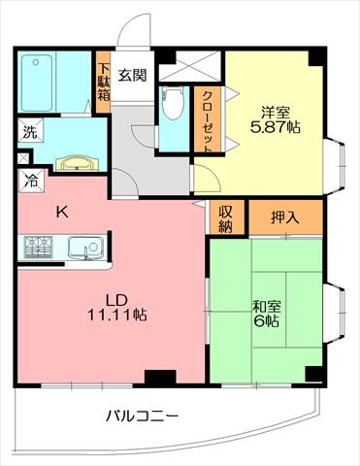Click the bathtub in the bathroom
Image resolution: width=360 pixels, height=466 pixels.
(36, 83)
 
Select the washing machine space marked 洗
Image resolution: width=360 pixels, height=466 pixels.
(30, 130)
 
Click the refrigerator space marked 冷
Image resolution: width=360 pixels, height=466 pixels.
(31, 181)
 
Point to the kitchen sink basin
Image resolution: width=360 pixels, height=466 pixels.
(85, 249)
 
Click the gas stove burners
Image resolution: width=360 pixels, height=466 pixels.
(39, 248)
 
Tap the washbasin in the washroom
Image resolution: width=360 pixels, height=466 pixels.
(77, 163)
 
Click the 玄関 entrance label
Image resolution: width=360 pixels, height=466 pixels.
(132, 75)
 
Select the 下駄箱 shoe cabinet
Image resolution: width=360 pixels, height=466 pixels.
(104, 83)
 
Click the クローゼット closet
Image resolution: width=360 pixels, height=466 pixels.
(207, 118)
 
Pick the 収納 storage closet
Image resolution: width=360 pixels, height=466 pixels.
(225, 216)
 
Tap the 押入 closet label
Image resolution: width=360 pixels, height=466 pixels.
(284, 217)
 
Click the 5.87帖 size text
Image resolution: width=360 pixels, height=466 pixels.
(276, 127)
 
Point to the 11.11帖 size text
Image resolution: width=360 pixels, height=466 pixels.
(117, 315)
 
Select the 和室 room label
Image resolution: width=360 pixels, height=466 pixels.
(267, 306)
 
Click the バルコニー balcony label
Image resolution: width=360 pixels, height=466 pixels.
(143, 416)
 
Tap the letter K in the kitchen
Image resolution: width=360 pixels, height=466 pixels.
(62, 213)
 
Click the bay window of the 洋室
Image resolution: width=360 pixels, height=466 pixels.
(335, 166)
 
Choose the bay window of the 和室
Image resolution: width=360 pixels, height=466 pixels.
(335, 313)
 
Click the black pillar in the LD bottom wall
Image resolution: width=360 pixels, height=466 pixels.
(160, 378)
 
